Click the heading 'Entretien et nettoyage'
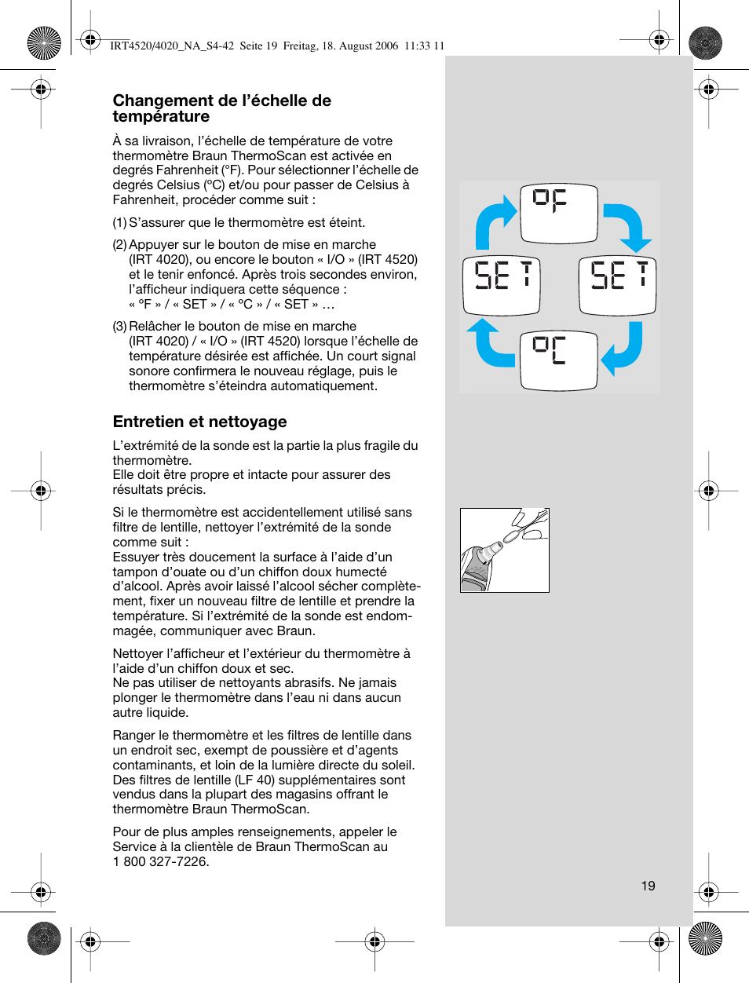click(x=199, y=422)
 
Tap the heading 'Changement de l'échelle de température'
click(x=221, y=108)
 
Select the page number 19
click(x=648, y=886)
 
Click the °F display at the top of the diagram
click(x=558, y=214)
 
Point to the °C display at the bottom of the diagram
click(x=558, y=360)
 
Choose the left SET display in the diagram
click(x=501, y=285)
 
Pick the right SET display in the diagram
click(x=617, y=285)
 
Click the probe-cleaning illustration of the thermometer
click(x=504, y=550)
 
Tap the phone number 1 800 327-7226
click(x=161, y=861)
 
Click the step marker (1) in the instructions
click(x=119, y=223)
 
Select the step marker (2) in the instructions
click(x=119, y=245)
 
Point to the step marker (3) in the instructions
click(x=119, y=327)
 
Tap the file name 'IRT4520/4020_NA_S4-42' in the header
click(x=172, y=46)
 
